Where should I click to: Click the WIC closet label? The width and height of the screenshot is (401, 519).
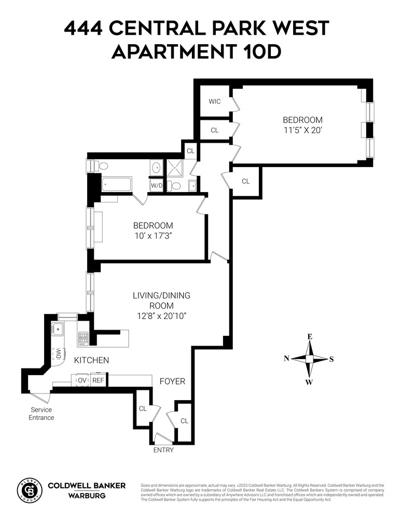click(214, 101)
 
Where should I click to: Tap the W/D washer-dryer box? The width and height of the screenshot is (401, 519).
click(157, 185)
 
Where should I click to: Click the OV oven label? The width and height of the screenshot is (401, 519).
click(82, 380)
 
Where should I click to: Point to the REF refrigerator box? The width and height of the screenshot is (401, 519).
click(98, 380)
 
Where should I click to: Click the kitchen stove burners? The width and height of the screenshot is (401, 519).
click(83, 338)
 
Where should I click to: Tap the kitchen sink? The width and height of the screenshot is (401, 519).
click(58, 329)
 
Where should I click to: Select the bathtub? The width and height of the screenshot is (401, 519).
click(117, 184)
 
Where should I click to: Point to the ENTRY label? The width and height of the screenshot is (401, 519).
click(163, 450)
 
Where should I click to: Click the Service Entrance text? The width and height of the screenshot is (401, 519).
click(42, 414)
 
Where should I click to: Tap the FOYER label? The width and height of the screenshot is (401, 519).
click(172, 381)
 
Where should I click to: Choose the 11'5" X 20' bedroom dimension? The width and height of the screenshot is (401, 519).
click(303, 130)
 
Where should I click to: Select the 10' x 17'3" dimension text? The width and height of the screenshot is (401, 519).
click(153, 236)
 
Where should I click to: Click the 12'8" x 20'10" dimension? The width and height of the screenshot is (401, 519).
click(162, 316)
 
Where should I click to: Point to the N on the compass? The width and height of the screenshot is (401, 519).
click(287, 358)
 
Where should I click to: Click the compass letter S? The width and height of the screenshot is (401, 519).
click(331, 359)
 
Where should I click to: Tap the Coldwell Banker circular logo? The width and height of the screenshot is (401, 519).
click(30, 490)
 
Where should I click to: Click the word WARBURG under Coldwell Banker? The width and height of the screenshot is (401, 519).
click(87, 496)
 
